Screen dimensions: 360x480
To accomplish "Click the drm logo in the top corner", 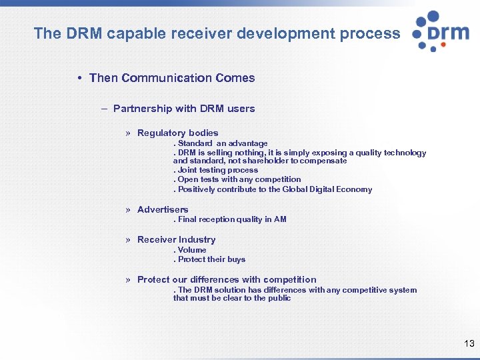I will point(440,31).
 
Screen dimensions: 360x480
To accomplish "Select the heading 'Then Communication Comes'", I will point(172,78).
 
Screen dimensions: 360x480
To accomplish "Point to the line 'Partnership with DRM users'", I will point(184,109).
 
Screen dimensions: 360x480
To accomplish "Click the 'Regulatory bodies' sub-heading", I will point(177,133).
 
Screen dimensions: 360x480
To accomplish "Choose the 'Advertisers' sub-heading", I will point(163,209).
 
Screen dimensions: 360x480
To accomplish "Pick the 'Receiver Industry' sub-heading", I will point(176,239).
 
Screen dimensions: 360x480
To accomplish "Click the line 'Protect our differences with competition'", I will point(227,279).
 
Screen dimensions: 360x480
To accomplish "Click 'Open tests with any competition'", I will point(239,179).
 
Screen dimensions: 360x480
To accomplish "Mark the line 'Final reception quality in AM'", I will point(231,219).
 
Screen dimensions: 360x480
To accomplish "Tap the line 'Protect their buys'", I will point(211,259).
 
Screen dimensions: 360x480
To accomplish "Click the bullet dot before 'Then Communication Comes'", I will point(79,78).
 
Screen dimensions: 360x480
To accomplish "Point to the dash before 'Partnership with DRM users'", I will point(105,109).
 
